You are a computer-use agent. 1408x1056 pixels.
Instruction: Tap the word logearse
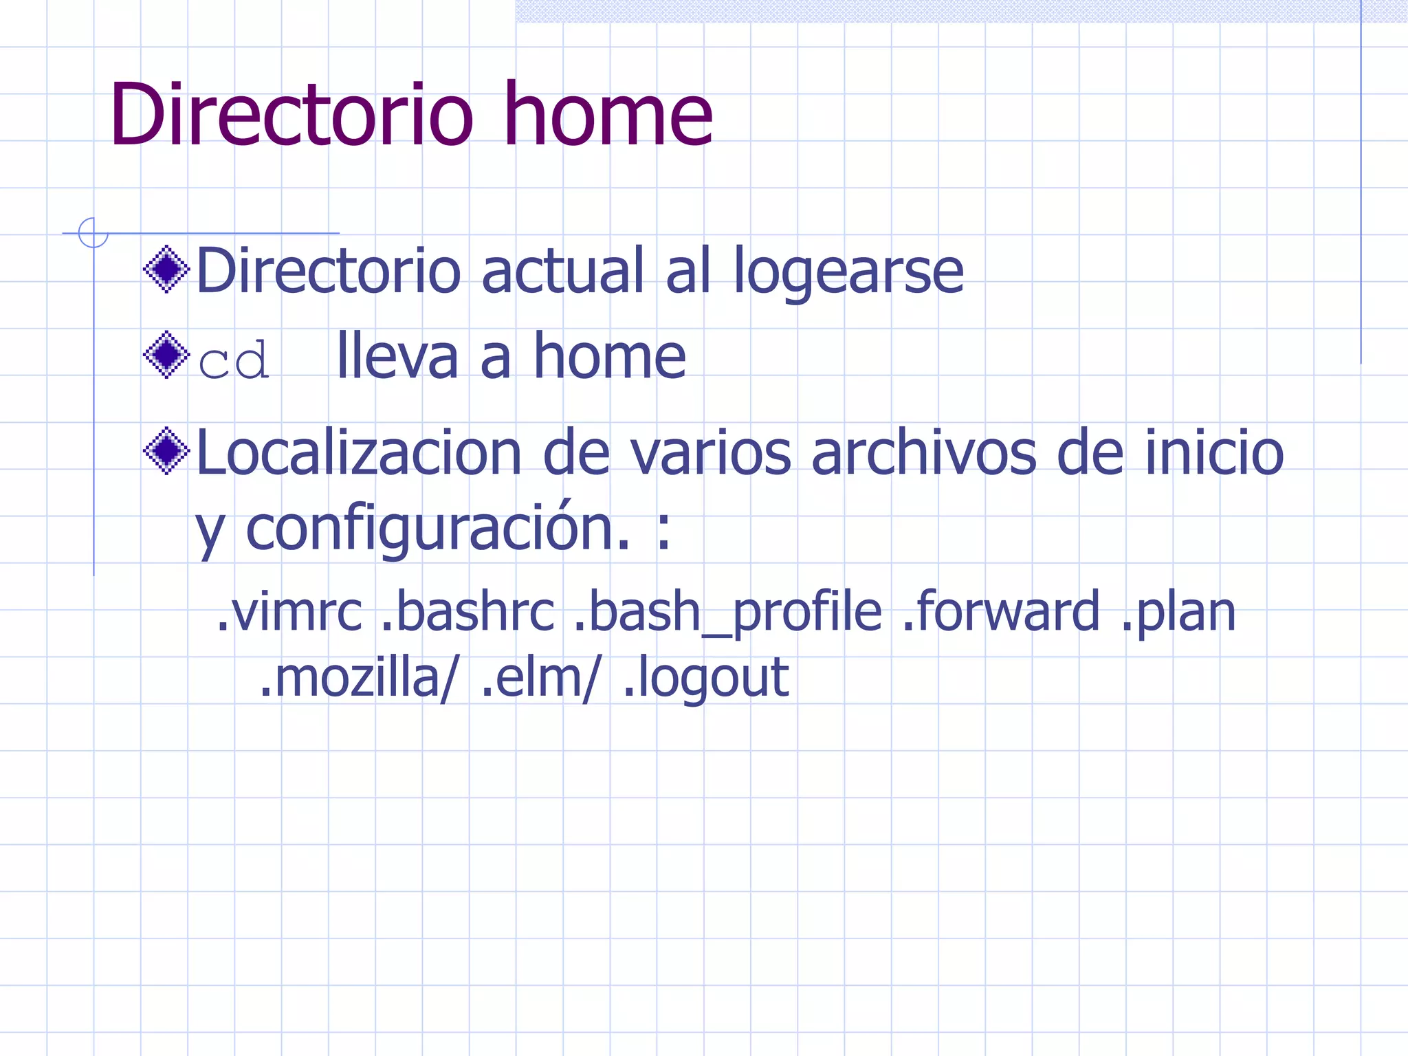coord(848,272)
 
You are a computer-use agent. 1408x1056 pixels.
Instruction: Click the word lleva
coord(397,357)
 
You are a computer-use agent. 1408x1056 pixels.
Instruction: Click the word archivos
coord(923,454)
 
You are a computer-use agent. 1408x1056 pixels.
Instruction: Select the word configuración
coord(438,529)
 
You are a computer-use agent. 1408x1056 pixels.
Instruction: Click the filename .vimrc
coord(289,612)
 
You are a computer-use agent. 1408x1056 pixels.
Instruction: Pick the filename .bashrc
coord(467,612)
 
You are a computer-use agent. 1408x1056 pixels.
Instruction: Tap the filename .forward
coord(1001,612)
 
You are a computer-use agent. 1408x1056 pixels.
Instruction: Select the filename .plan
coord(1178,612)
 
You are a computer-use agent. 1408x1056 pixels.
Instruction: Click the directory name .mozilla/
coord(357,678)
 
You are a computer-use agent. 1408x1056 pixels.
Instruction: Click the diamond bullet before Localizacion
coord(166,451)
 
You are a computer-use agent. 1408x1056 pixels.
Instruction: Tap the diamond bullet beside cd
coord(166,355)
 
